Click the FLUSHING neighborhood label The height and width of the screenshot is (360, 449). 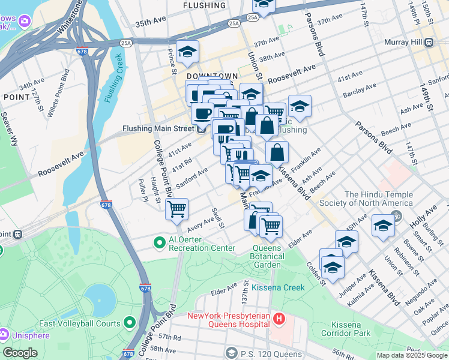point(206,5)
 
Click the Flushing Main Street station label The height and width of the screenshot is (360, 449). point(158,128)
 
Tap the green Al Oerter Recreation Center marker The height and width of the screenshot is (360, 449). point(159,243)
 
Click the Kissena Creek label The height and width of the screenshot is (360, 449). point(278,287)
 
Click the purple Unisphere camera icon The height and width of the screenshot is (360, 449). point(4,333)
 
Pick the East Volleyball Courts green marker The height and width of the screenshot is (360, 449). point(129,323)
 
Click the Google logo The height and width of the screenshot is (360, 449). point(20,353)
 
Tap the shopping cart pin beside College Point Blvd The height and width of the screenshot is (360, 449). point(177,209)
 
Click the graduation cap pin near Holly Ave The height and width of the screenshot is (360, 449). point(383,226)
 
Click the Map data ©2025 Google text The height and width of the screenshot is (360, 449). point(412,355)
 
